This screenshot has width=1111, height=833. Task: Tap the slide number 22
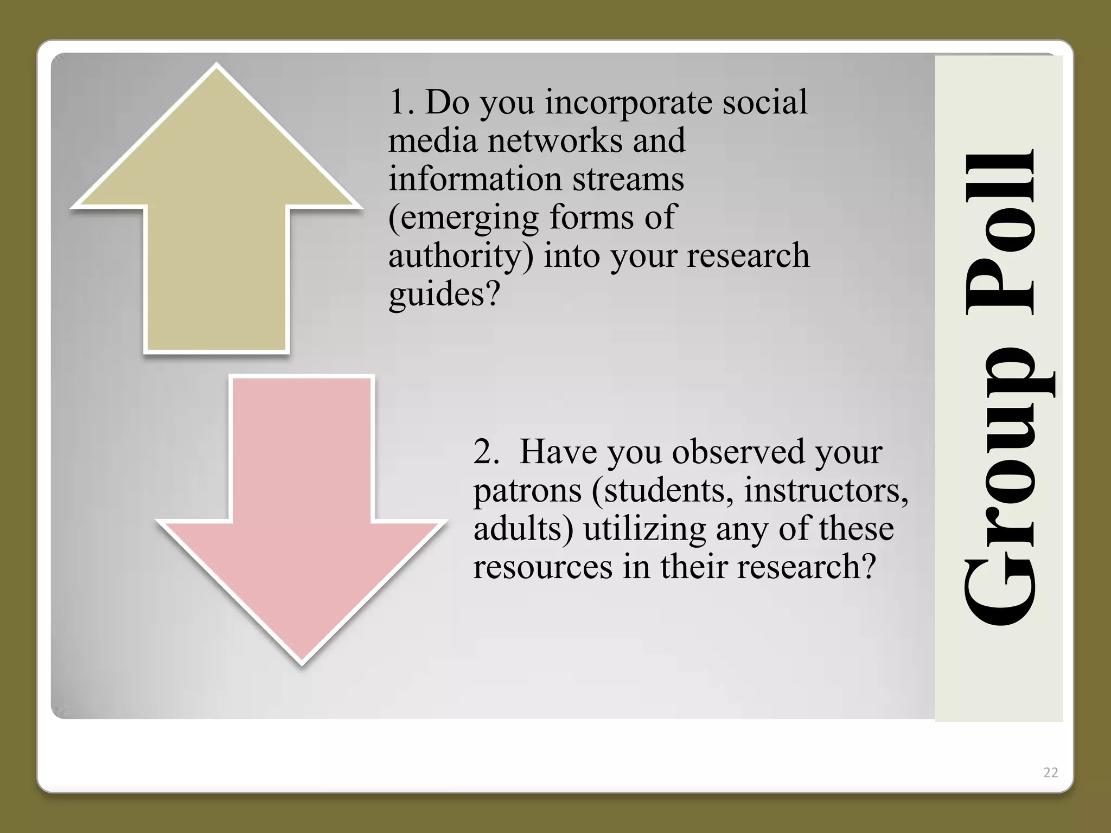coord(1050,773)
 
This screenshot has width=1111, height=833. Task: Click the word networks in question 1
coord(555,140)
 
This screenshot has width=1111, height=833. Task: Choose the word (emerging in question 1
coord(464,219)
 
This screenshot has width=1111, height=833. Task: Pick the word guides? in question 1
coord(443,296)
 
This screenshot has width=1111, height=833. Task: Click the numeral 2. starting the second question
coord(486,452)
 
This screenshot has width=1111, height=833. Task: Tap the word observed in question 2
coord(738,452)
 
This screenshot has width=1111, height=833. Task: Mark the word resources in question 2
coord(542,567)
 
